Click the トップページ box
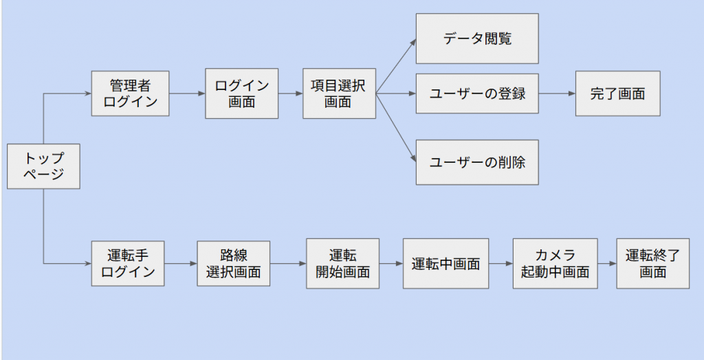click(44, 166)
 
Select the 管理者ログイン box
click(130, 93)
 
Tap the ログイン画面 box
click(241, 93)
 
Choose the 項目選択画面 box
click(339, 93)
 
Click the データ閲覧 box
click(477, 38)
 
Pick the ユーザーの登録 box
click(477, 93)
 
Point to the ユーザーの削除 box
click(477, 162)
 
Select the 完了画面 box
click(617, 93)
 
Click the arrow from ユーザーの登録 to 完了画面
click(557, 93)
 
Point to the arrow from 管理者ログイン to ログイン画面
click(187, 93)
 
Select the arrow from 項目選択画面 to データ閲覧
click(396, 65)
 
